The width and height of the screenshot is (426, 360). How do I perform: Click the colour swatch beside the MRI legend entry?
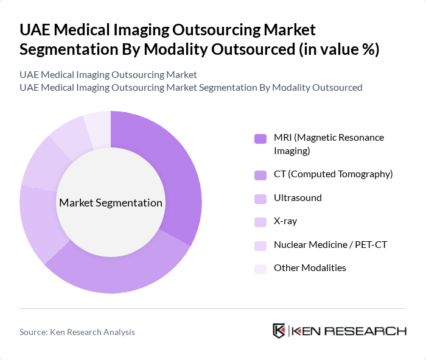(x=260, y=138)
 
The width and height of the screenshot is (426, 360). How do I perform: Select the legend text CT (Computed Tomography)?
(x=333, y=174)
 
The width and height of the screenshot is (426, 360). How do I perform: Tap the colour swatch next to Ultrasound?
(x=260, y=199)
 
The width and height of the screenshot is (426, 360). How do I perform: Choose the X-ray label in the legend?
(x=285, y=221)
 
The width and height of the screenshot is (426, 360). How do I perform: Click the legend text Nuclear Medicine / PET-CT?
(x=330, y=245)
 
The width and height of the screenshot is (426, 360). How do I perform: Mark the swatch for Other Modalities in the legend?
(x=260, y=269)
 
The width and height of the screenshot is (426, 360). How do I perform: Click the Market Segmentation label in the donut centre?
(x=111, y=203)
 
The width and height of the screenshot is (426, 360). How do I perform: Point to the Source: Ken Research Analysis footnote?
(x=77, y=332)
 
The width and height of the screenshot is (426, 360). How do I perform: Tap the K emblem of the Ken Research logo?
(x=279, y=331)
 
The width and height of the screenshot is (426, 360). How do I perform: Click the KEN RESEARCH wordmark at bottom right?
(x=349, y=331)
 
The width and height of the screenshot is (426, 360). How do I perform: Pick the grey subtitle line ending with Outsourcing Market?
(x=108, y=75)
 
